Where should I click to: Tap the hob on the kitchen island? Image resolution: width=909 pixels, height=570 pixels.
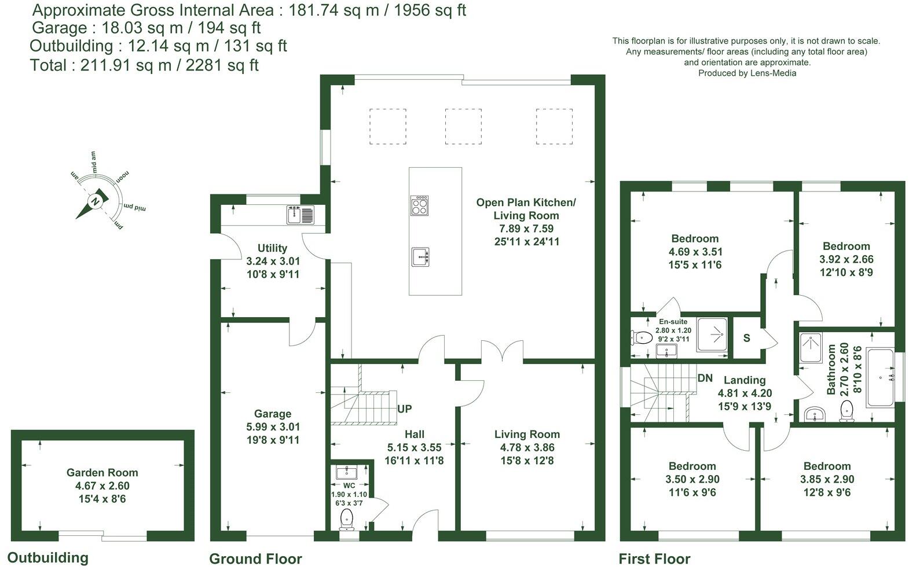(420, 205)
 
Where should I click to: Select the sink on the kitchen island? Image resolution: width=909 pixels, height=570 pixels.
(420, 256)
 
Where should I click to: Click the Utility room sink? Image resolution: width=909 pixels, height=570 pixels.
(299, 215)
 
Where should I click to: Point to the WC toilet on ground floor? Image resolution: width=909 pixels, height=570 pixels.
(347, 518)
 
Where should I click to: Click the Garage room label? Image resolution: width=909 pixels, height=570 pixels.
(272, 414)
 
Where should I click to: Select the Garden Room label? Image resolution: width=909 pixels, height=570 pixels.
(102, 473)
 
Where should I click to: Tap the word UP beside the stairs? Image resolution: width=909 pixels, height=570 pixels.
(405, 409)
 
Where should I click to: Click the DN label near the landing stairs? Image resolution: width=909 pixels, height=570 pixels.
(705, 378)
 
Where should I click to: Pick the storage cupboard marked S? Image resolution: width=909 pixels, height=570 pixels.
(747, 338)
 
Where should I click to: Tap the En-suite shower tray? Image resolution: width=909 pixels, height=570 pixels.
(712, 334)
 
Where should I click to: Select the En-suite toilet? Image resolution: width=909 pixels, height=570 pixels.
(640, 337)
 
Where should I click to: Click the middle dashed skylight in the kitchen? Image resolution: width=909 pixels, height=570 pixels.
(463, 126)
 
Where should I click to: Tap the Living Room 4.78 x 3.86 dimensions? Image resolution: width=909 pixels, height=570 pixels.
(527, 447)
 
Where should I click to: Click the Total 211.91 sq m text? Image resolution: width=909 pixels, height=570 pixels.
(144, 65)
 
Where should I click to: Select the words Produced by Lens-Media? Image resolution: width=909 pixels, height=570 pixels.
(747, 73)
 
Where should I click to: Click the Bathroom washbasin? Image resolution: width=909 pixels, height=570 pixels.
(816, 414)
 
